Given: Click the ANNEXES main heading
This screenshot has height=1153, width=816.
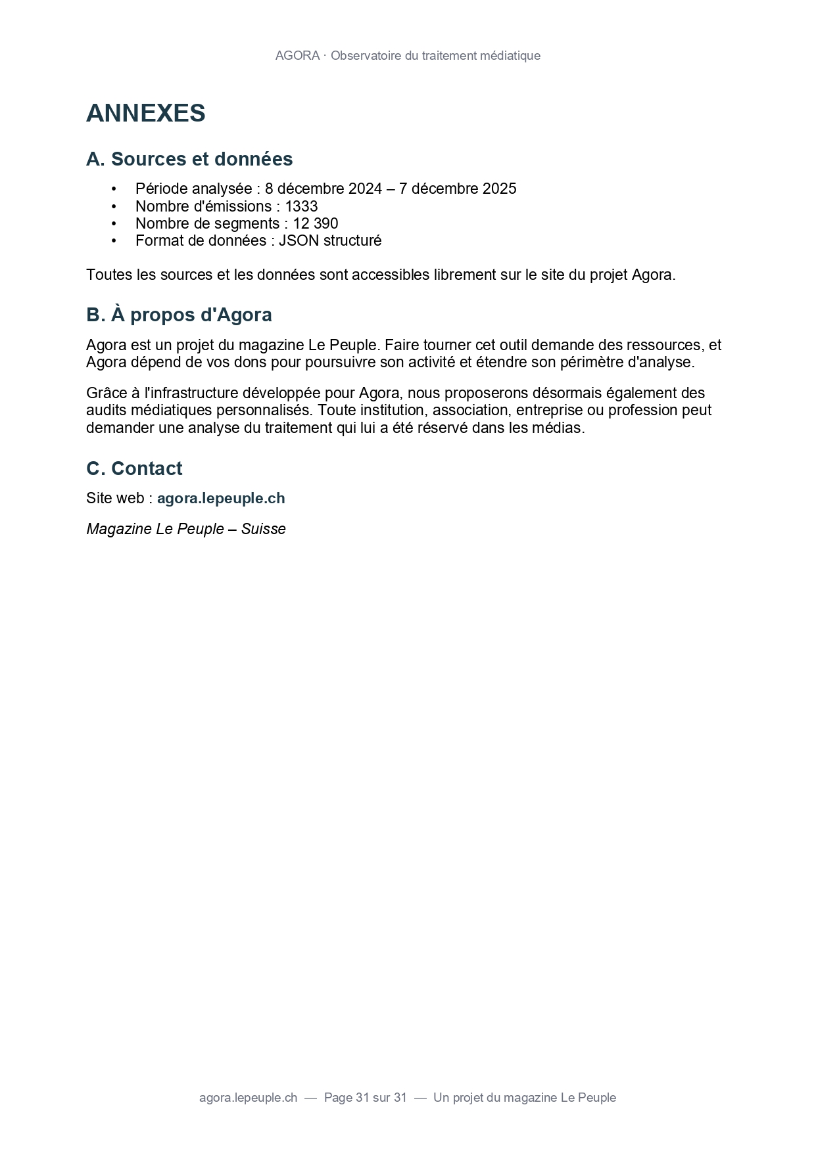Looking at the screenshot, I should pyautogui.click(x=145, y=113).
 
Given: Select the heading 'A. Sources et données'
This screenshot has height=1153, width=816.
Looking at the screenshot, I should pyautogui.click(x=189, y=159).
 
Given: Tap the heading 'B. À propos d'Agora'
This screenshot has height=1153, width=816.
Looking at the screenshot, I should pyautogui.click(x=179, y=315).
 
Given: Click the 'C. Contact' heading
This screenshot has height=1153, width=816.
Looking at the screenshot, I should pyautogui.click(x=134, y=468).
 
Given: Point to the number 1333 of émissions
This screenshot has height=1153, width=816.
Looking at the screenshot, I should pyautogui.click(x=301, y=206).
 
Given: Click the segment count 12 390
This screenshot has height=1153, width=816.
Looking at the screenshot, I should pyautogui.click(x=316, y=223).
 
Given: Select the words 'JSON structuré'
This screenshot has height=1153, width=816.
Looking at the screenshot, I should pyautogui.click(x=330, y=240).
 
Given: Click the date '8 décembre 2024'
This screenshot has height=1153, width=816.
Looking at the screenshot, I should pyautogui.click(x=324, y=189).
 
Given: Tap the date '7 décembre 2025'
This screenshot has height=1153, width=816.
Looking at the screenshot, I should pyautogui.click(x=458, y=189).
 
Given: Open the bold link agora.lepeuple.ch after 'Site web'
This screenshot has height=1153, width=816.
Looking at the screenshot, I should pyautogui.click(x=221, y=498).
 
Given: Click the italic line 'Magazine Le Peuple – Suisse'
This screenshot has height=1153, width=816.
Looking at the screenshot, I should pyautogui.click(x=186, y=529).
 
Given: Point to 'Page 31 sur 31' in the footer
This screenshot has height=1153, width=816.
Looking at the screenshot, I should pyautogui.click(x=366, y=1097).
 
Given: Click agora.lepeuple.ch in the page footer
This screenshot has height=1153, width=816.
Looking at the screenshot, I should pyautogui.click(x=248, y=1097).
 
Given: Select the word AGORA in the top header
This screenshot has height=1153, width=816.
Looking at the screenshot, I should pyautogui.click(x=297, y=56).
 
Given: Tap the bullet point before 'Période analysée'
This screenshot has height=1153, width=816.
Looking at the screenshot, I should pyautogui.click(x=114, y=189).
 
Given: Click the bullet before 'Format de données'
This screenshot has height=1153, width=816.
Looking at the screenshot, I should pyautogui.click(x=114, y=241).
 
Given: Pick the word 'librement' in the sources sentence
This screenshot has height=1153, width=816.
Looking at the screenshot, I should pyautogui.click(x=465, y=275).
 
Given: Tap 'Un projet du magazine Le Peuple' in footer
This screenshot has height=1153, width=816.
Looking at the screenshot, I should pyautogui.click(x=525, y=1097).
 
